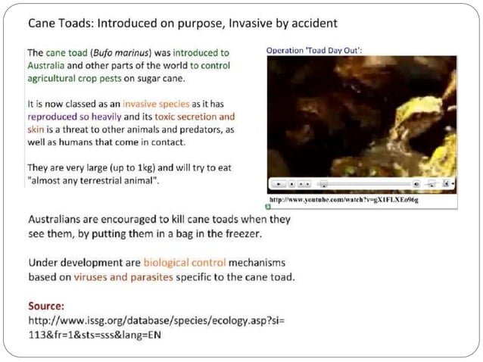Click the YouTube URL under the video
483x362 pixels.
tap(344, 200)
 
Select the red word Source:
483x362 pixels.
tap(46, 307)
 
